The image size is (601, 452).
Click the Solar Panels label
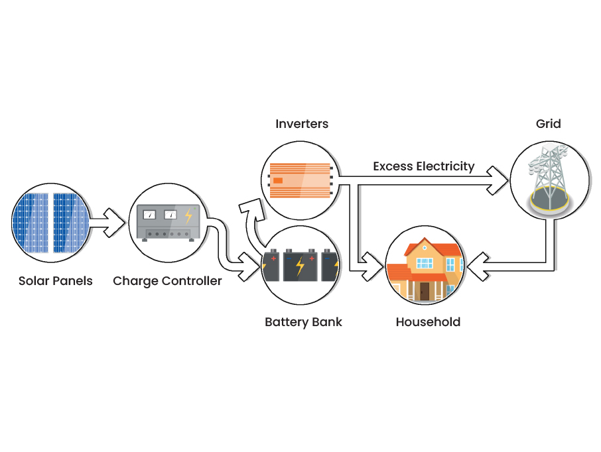56,281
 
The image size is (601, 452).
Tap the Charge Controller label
167,281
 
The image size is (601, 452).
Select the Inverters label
302,124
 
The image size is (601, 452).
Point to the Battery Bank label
303,323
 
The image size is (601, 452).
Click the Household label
428,323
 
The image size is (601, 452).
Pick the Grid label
549,124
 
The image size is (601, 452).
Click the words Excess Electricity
424,166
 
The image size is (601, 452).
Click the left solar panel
31,223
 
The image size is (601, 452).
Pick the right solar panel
70,223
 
